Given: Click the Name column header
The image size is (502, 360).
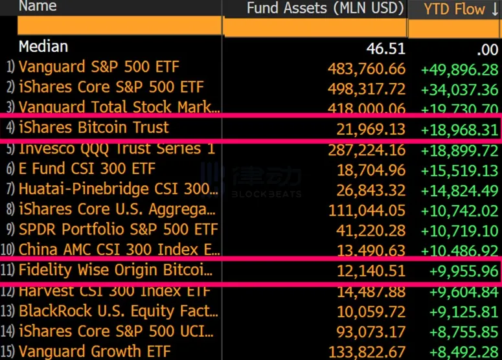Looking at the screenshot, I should tap(38, 6).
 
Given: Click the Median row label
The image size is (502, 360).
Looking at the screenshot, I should tap(43, 47).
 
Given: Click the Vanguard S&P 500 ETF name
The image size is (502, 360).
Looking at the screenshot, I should tap(98, 67).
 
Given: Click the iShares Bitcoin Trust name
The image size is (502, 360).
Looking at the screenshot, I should tap(93, 128).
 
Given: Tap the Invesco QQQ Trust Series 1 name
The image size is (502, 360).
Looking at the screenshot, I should tap(117, 148).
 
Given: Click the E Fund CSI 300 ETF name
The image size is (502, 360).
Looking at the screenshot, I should tap(87, 169).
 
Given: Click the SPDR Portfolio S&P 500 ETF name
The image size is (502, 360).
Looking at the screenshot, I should tap(118, 230).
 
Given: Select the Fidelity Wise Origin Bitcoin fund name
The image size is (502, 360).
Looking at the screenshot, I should tap(115, 270).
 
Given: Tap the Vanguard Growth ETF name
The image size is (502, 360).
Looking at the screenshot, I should tap(95, 352).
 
